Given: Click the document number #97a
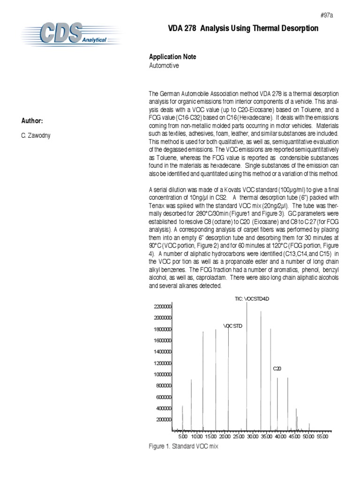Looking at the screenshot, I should point(326,15).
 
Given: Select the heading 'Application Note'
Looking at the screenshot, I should point(172,57).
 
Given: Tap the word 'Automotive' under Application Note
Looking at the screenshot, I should point(164,66).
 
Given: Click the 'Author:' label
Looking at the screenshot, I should point(32,121).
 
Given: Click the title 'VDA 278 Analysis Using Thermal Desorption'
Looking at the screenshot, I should point(233,29).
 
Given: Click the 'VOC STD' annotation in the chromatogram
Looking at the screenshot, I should point(232,325).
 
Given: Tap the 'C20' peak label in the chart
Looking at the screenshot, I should point(277,369).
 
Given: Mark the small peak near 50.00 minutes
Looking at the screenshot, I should point(309,426).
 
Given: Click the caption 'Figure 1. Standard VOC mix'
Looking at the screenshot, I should point(183,447).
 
